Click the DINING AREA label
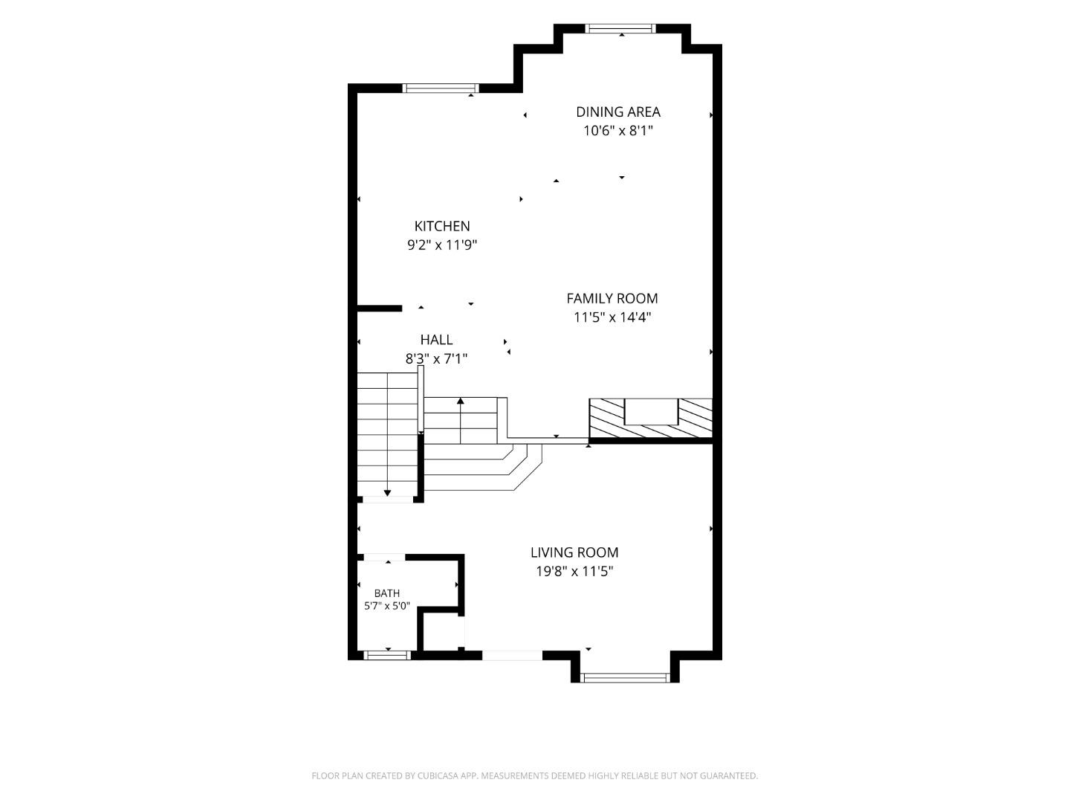click(617, 112)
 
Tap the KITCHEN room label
click(441, 226)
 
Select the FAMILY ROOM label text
click(612, 298)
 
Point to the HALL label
click(436, 340)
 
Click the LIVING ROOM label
click(574, 552)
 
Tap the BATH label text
click(386, 593)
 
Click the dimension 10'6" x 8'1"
click(617, 131)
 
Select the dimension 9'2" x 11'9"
click(441, 245)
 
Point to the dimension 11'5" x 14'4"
click(612, 317)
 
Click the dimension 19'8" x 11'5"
click(574, 572)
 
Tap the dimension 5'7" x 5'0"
click(386, 606)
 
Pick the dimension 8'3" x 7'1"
click(436, 359)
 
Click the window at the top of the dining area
click(620, 29)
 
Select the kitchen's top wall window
click(440, 88)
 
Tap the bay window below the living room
click(625, 677)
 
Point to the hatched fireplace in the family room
click(650, 419)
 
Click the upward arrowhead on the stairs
click(460, 401)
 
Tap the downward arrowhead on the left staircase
click(387, 494)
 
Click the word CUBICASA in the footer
click(438, 775)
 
